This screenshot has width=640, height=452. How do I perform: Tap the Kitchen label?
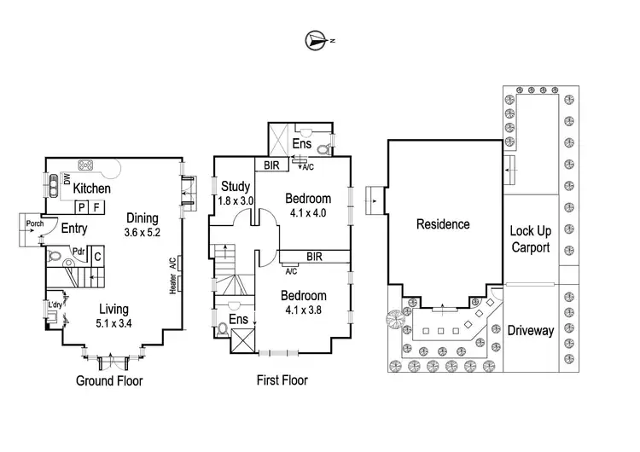[x=93, y=188]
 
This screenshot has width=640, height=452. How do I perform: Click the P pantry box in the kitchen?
[x=81, y=206]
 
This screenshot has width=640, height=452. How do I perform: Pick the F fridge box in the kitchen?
[x=96, y=206]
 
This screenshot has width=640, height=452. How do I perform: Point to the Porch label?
[x=35, y=224]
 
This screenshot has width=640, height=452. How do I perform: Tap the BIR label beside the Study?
[x=273, y=165]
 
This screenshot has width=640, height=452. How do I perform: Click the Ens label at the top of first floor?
[x=302, y=143]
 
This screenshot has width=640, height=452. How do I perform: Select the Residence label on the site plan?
[x=443, y=224]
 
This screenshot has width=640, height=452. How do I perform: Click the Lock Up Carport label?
[x=529, y=239]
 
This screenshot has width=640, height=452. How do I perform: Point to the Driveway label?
[x=530, y=330]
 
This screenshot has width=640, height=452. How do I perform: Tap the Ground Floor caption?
[x=109, y=380]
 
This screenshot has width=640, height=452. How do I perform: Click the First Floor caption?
[x=282, y=380]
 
